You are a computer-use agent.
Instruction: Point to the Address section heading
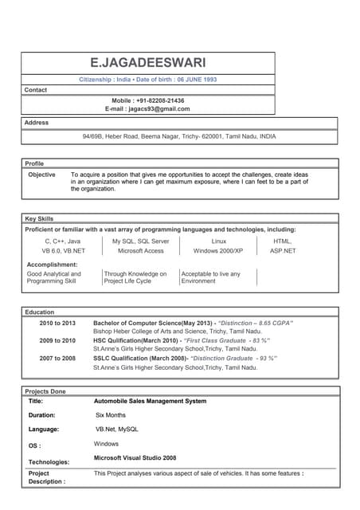click(x=37, y=123)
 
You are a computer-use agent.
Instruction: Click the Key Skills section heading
click(x=40, y=218)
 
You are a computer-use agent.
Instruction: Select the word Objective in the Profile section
click(x=42, y=174)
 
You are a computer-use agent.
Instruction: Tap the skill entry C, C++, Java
click(x=62, y=241)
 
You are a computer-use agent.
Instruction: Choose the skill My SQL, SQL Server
click(x=140, y=241)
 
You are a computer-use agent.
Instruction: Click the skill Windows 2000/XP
click(x=218, y=250)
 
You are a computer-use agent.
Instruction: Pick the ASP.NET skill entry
click(x=283, y=250)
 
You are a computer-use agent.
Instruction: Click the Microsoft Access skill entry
click(x=140, y=250)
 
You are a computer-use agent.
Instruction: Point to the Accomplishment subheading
click(x=53, y=264)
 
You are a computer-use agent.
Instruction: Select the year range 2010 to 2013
click(x=57, y=323)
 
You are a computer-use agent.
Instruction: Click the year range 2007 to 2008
click(x=57, y=359)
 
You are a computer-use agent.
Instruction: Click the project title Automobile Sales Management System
click(x=150, y=401)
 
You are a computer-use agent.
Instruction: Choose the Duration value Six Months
click(x=111, y=415)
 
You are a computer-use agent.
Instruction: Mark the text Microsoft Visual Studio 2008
click(x=135, y=458)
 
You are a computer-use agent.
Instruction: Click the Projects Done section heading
click(x=45, y=391)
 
